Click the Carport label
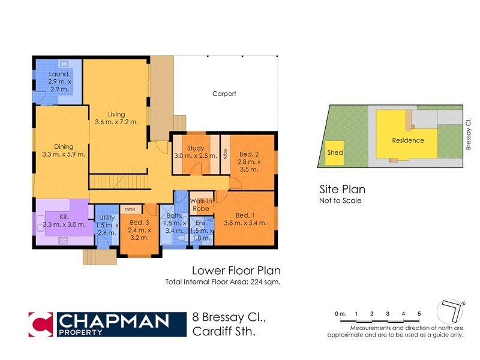tap(224, 94)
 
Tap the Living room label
tap(116, 114)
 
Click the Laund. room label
tap(59, 74)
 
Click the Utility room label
tap(107, 217)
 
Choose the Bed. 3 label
tap(139, 221)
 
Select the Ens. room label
tap(202, 223)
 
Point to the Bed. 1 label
tap(245, 215)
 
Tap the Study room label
tap(196, 148)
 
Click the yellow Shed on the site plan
tap(335, 153)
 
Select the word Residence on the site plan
tap(408, 140)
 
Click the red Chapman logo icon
tap(40, 324)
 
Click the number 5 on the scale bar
tap(419, 314)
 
